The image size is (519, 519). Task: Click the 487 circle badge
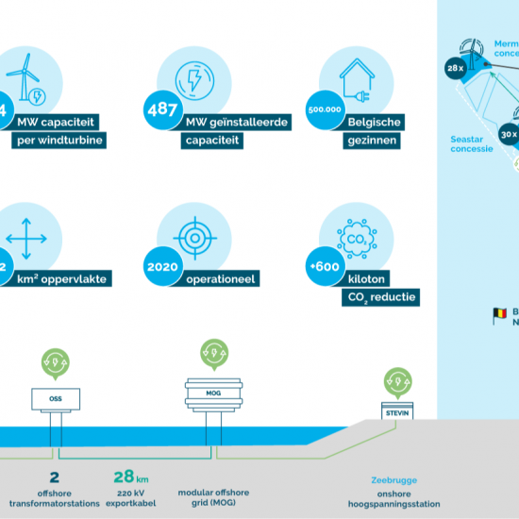click(x=161, y=109)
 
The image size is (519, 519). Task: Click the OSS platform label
click(x=56, y=399)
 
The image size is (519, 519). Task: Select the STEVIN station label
click(x=395, y=412)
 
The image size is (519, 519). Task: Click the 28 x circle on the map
click(x=455, y=67)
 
